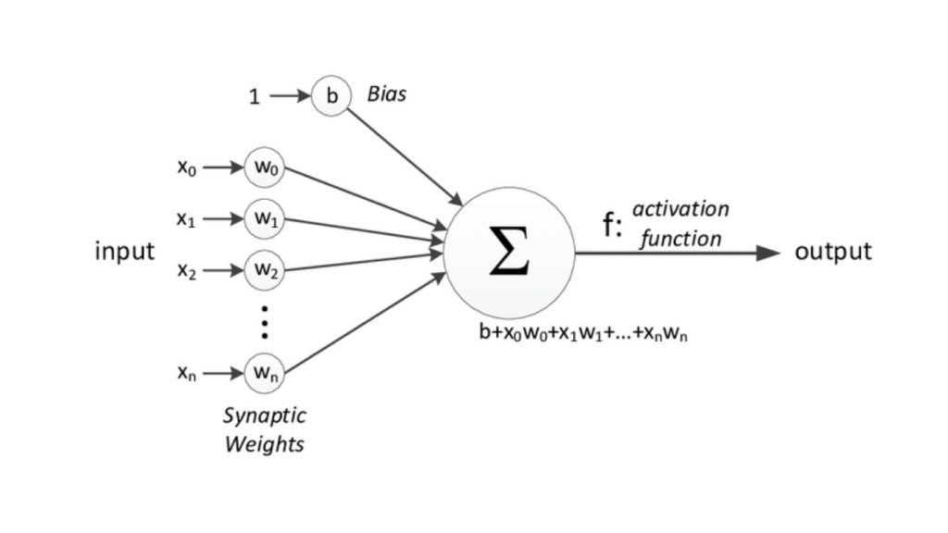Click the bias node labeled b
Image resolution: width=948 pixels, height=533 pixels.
(x=331, y=96)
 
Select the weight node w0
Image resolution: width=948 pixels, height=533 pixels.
(x=264, y=168)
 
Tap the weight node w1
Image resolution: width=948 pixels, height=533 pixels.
(x=264, y=220)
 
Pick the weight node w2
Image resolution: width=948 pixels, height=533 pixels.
(x=264, y=272)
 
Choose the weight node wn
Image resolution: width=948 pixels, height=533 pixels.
(x=264, y=375)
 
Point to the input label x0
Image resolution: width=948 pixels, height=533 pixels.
(x=186, y=168)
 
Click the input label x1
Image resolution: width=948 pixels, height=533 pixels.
(x=186, y=220)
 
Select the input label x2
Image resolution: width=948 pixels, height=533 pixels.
(x=186, y=272)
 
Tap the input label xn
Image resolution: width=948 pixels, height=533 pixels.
(x=186, y=375)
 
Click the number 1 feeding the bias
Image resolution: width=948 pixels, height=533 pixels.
(x=255, y=96)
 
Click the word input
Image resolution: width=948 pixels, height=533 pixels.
(x=125, y=252)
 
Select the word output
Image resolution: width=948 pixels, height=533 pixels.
(x=833, y=252)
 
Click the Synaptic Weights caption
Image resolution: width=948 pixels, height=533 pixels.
(x=264, y=430)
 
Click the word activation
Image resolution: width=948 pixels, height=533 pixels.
(x=680, y=209)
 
